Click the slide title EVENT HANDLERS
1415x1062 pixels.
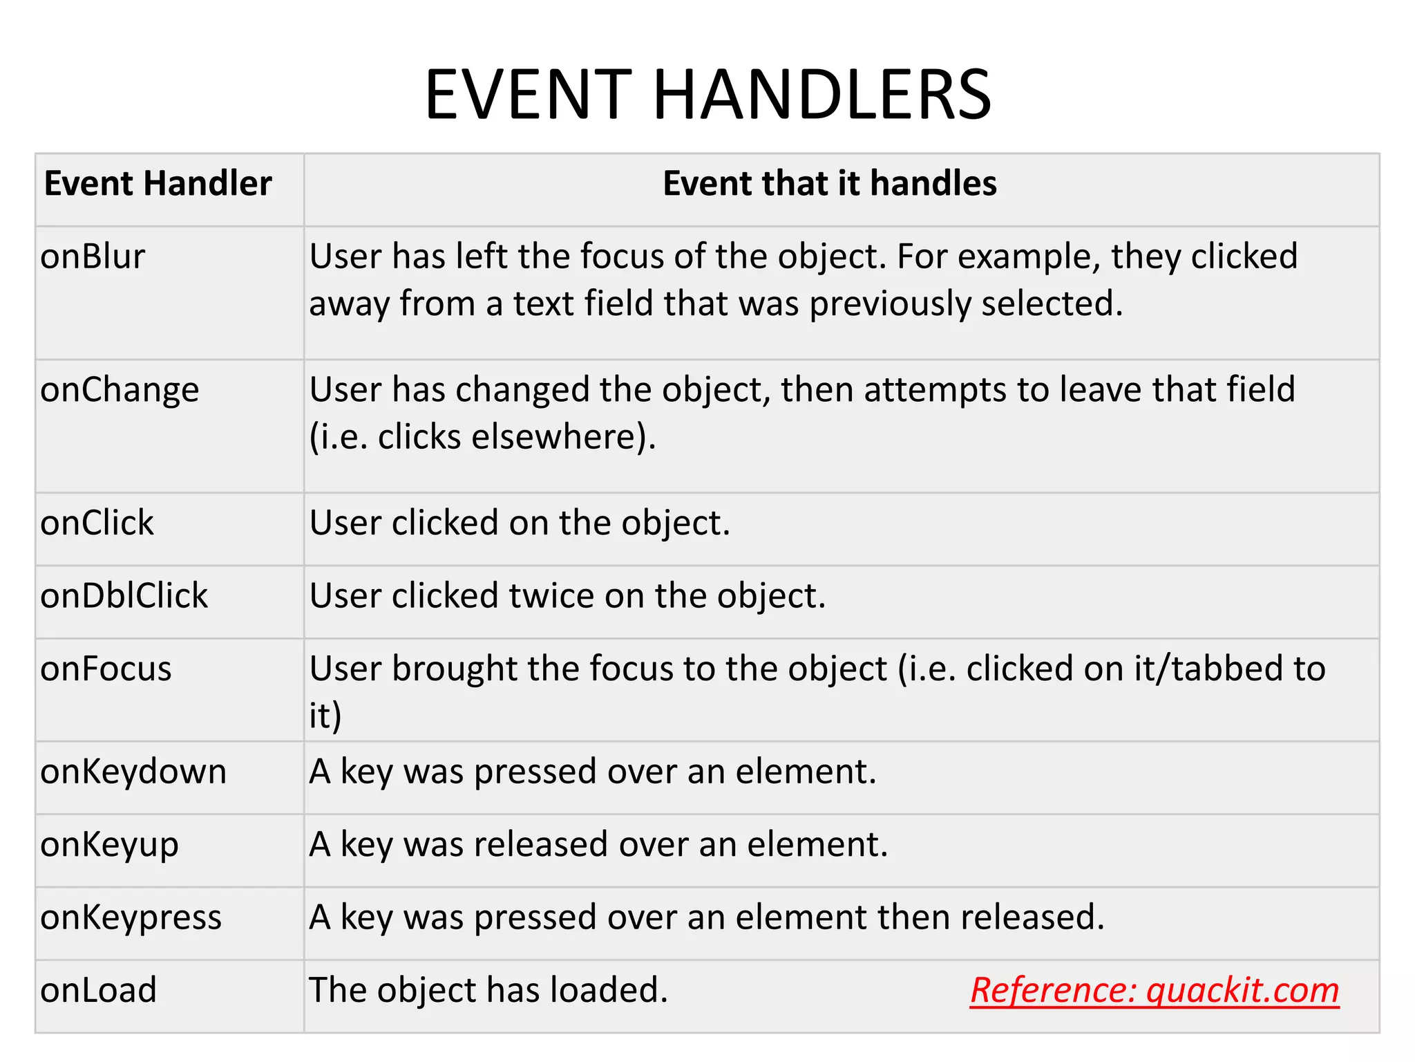(x=707, y=95)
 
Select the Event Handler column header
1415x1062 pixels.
(x=158, y=184)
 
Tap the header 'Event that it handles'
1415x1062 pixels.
(x=829, y=184)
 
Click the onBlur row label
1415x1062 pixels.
(x=93, y=257)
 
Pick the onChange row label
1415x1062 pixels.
(x=120, y=390)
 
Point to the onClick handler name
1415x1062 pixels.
(x=97, y=523)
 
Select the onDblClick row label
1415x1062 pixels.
(x=124, y=596)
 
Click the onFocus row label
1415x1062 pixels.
(x=106, y=669)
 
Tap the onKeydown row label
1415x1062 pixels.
(x=133, y=772)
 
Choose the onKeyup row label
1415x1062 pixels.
(x=109, y=845)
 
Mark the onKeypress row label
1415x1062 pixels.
(x=131, y=917)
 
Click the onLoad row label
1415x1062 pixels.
(x=98, y=990)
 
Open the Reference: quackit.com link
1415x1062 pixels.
(x=1154, y=990)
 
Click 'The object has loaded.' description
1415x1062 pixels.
(x=488, y=990)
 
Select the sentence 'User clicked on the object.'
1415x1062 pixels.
(x=520, y=523)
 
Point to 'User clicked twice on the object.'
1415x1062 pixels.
(x=567, y=596)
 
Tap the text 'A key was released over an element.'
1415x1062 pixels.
(x=598, y=845)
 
